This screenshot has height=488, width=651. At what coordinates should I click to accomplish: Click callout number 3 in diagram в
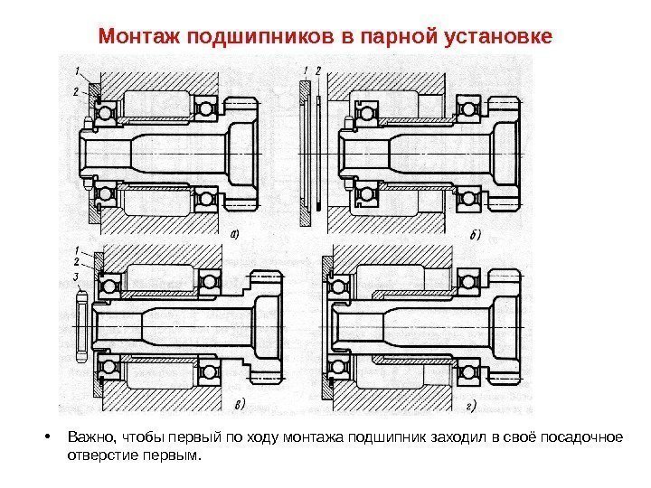coord(76,276)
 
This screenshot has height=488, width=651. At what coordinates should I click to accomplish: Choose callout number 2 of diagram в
coord(78,261)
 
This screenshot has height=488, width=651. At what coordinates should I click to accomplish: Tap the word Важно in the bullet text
coord(88,438)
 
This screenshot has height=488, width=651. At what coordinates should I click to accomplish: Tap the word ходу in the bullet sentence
coord(276,438)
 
